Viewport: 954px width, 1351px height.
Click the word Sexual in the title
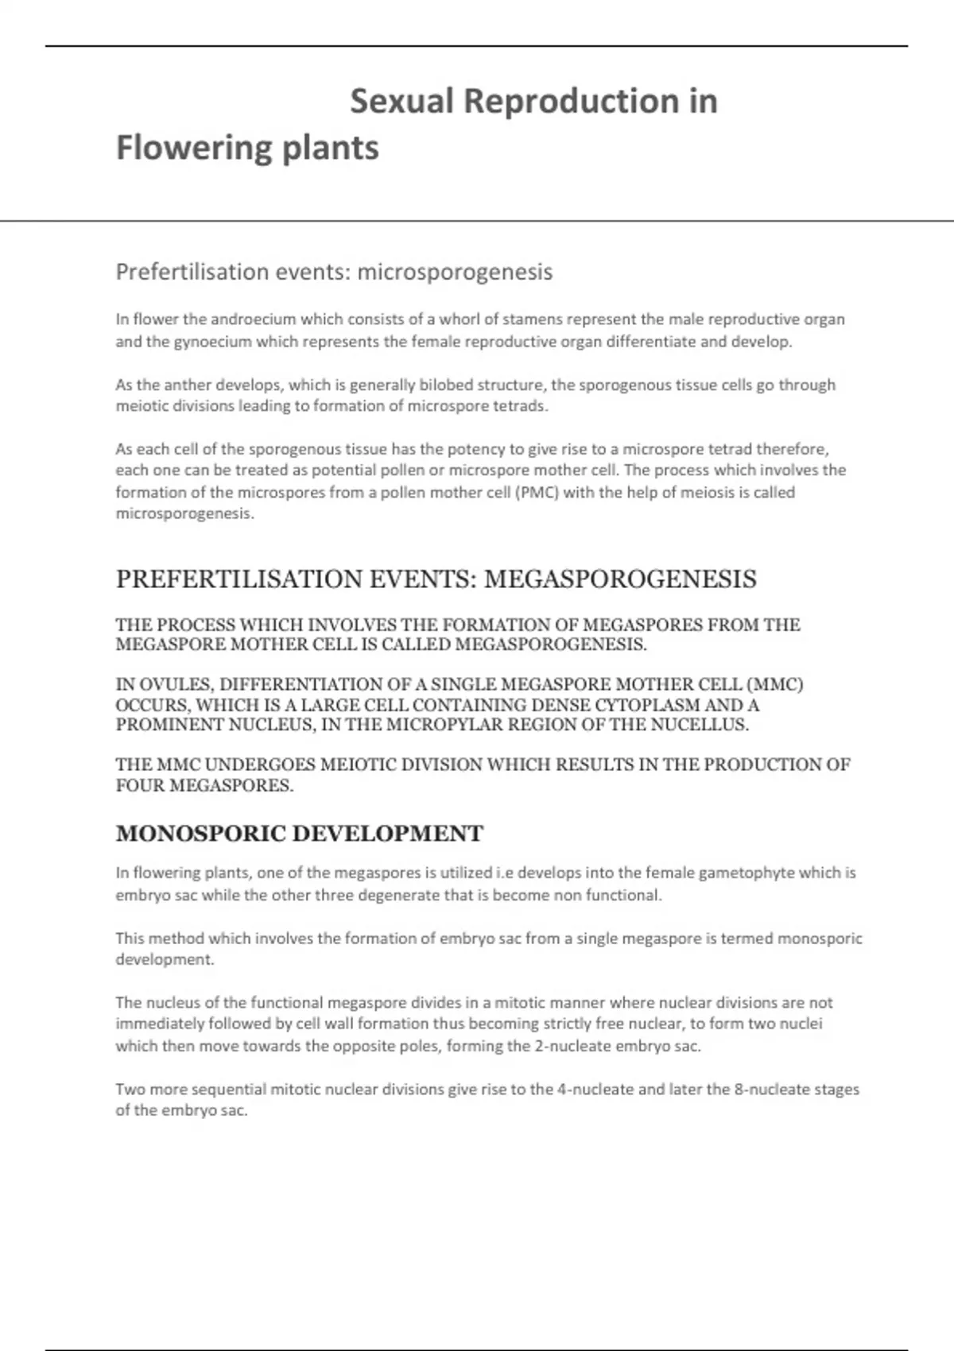tap(401, 102)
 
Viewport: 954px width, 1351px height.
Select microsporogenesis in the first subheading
tap(455, 272)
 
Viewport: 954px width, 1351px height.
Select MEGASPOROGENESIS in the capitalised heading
tap(620, 579)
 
